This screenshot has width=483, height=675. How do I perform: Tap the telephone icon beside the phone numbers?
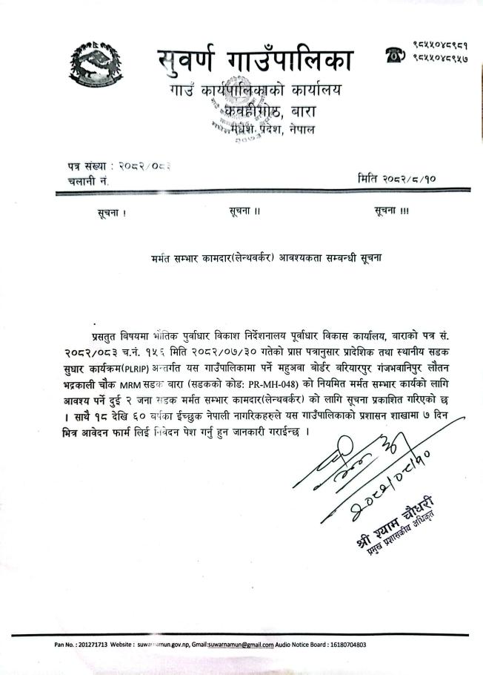point(393,54)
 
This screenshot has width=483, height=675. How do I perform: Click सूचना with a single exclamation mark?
point(112,213)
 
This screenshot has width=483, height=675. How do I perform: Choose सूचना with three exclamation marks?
point(392,211)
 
